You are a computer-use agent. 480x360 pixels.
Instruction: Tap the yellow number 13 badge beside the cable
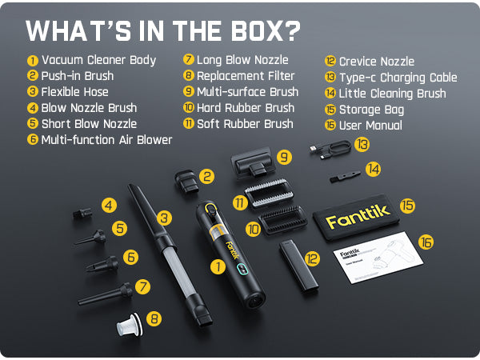[x=362, y=145]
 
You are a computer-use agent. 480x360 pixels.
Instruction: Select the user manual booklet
[x=378, y=257]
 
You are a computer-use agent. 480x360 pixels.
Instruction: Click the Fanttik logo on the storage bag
[x=358, y=217]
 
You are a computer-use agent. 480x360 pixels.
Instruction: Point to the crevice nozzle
[x=298, y=265]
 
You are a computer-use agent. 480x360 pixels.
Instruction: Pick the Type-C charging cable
[x=330, y=149]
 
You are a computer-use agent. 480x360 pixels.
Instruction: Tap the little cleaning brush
[x=345, y=177]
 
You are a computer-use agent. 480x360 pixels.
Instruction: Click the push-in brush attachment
[x=186, y=182]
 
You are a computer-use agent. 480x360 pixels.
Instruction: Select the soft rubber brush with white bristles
[x=269, y=193]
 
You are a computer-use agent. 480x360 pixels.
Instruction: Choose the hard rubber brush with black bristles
[x=282, y=219]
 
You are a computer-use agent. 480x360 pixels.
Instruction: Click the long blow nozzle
[x=106, y=294]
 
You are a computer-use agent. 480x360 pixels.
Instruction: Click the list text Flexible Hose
[x=74, y=92]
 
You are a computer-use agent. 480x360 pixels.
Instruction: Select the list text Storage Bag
[x=371, y=110]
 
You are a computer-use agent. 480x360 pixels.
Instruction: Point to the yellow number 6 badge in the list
[x=33, y=139]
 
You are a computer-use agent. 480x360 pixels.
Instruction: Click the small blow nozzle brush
[x=82, y=213]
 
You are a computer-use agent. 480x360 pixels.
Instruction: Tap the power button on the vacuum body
[x=210, y=209]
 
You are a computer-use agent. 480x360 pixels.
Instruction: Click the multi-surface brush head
[x=254, y=163]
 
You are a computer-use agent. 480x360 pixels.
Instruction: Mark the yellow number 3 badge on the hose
[x=164, y=218]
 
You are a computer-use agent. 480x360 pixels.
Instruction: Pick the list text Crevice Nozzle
[x=377, y=62]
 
